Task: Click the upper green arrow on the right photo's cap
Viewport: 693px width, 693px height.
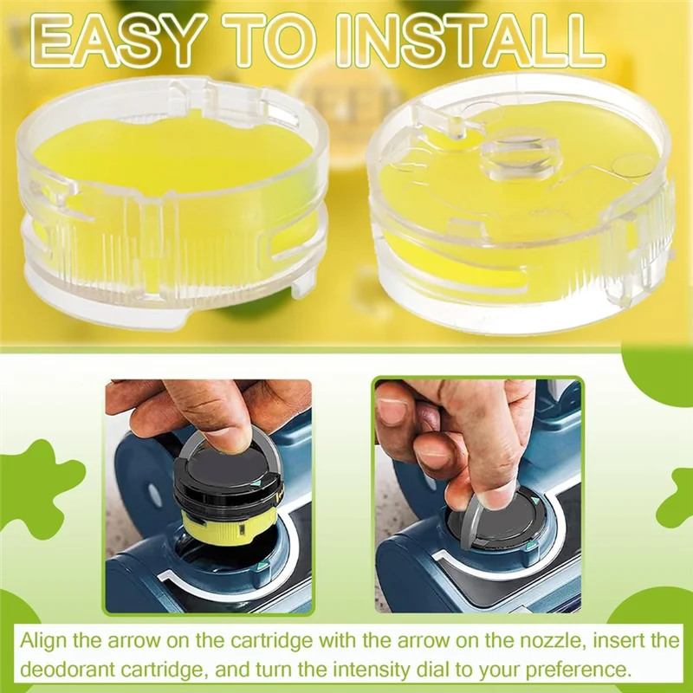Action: tap(539, 500)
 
